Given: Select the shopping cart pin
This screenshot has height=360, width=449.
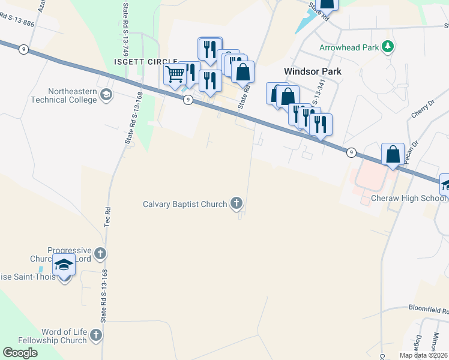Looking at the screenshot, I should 175,75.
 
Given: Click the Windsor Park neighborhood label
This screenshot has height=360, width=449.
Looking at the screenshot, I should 312,71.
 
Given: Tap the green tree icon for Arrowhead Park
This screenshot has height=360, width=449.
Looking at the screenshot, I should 388,46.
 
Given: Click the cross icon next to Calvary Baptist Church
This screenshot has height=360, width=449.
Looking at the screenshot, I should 237,203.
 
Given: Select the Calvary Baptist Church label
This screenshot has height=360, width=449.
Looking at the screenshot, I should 185,204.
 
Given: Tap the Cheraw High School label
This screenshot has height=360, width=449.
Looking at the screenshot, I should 408,199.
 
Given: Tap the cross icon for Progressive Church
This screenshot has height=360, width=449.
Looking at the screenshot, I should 100,253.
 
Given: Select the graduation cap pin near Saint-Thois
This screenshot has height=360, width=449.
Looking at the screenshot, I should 64,264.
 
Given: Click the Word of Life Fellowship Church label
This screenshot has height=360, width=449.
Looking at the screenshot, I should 64,336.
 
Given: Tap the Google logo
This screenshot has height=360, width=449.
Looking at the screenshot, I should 20,353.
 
